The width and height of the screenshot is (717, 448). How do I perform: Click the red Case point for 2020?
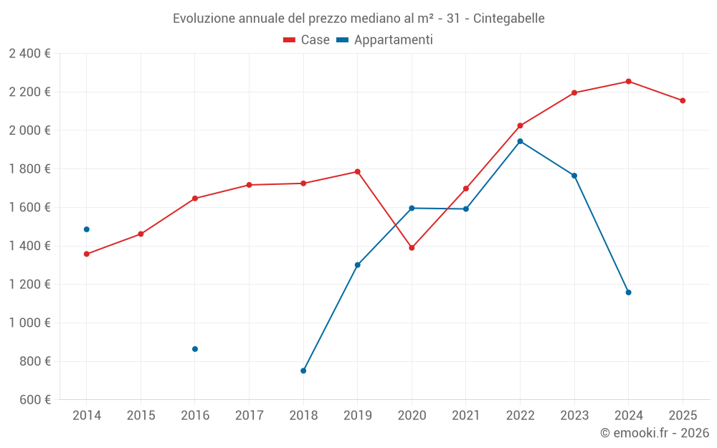coord(412,248)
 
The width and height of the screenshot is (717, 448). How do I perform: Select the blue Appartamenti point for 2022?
coord(520,141)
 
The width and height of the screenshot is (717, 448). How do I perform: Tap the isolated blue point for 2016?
coord(195,349)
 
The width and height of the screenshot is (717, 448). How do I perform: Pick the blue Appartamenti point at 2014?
coord(87,229)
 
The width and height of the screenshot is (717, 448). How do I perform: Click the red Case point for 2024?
coord(628,81)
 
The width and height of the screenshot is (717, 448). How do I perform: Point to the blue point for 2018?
coord(303,371)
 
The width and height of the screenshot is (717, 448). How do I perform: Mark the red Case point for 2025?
coord(683,100)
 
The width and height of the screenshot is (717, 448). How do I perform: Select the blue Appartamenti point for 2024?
coord(628,292)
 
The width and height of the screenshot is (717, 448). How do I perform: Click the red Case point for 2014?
coord(87,254)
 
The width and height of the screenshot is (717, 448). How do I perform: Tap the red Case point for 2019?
coord(357,171)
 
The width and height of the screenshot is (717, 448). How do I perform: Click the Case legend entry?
coord(307,40)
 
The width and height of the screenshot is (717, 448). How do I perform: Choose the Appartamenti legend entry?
coord(385,40)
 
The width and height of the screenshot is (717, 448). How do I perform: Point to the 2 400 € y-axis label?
coord(29,53)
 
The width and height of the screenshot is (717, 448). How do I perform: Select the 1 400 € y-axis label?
coord(29,246)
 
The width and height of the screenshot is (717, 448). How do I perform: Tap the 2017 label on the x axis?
coord(249,416)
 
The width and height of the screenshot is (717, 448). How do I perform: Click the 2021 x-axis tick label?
coord(465,416)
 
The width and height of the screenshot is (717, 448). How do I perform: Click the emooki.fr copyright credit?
coord(655,433)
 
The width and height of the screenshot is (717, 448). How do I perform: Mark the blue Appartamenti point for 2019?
coord(357,265)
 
